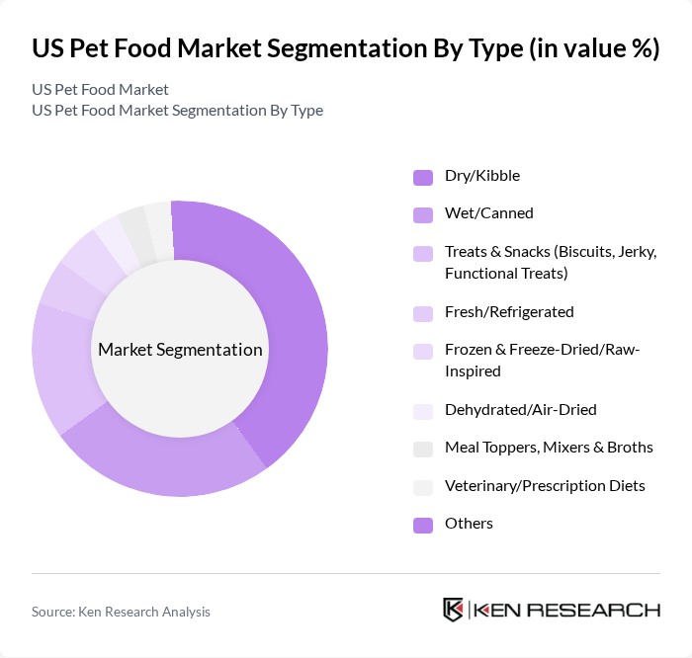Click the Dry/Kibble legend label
pyautogui.click(x=481, y=176)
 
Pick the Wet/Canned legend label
pyautogui.click(x=488, y=212)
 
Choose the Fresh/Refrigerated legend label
pyautogui.click(x=509, y=311)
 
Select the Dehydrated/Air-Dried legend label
pyautogui.click(x=520, y=409)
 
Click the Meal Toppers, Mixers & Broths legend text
pyautogui.click(x=549, y=447)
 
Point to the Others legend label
pyautogui.click(x=469, y=523)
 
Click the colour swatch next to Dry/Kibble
pyautogui.click(x=422, y=177)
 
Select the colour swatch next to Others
pyautogui.click(x=422, y=524)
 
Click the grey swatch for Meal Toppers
pyautogui.click(x=422, y=448)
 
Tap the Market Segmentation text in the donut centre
pyautogui.click(x=180, y=350)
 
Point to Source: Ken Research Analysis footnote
pyautogui.click(x=121, y=612)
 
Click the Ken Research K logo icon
pyautogui.click(x=453, y=610)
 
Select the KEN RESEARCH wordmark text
pyautogui.click(x=566, y=610)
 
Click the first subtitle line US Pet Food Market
pyautogui.click(x=100, y=90)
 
